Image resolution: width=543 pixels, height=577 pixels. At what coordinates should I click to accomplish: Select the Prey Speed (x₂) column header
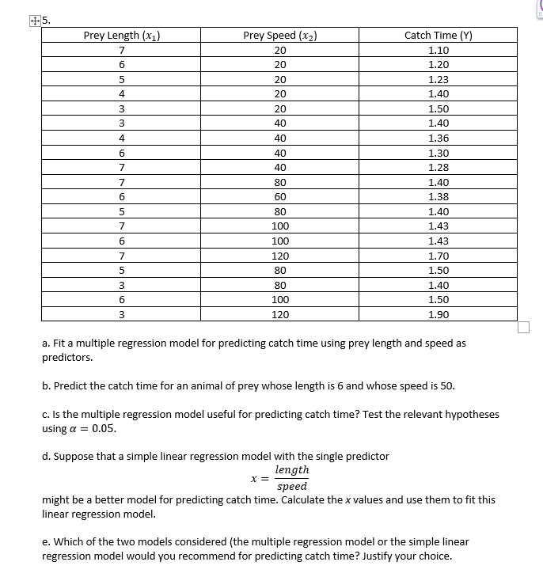[x=280, y=35]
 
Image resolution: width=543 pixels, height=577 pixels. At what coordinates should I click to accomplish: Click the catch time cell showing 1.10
[x=438, y=50]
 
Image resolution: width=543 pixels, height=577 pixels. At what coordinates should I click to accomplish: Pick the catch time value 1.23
[x=438, y=79]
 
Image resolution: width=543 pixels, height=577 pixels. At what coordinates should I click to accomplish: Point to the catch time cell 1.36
[x=438, y=138]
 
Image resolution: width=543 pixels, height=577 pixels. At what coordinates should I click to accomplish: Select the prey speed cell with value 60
[x=280, y=196]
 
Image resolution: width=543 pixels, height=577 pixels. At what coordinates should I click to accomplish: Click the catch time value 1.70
[x=438, y=256]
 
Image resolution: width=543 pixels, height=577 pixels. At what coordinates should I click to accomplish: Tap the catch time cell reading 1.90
[x=438, y=314]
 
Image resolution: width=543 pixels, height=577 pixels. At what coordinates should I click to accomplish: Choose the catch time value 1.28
[x=438, y=167]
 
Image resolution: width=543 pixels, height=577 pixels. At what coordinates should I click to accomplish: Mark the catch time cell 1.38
[x=438, y=196]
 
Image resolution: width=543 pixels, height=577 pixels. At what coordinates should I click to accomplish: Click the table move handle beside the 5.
[x=31, y=22]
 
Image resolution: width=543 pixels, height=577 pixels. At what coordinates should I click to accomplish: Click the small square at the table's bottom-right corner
[x=522, y=327]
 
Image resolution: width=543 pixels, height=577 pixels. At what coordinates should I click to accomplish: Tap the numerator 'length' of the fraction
[x=291, y=470]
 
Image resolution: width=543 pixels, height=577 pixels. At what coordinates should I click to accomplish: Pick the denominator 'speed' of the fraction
[x=291, y=486]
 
